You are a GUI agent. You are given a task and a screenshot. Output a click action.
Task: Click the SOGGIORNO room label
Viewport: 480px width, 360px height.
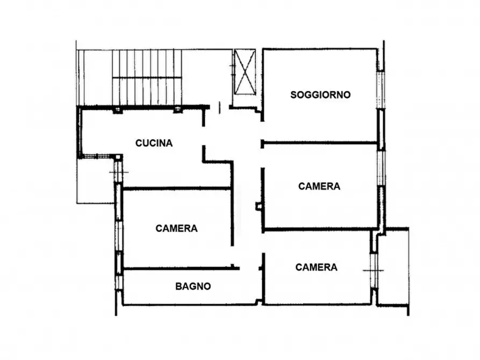coord(320,95)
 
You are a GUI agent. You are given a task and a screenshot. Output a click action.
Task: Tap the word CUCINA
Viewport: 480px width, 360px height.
coord(154,143)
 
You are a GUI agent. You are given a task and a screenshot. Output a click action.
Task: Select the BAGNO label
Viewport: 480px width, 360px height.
coord(193,287)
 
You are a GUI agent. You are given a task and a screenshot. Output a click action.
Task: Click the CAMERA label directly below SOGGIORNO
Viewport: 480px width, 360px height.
coord(319,186)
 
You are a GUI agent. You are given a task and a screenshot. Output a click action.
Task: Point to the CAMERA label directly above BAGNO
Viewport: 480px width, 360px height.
coord(176,228)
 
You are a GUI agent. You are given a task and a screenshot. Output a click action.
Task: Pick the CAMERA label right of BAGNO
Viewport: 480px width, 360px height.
coord(317,267)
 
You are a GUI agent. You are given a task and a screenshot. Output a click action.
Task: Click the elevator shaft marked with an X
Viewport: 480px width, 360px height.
coord(245,72)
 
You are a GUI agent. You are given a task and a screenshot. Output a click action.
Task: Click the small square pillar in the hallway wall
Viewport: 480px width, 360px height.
coord(259,206)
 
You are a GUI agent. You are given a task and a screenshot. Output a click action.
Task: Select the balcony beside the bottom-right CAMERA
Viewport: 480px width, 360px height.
coord(393,266)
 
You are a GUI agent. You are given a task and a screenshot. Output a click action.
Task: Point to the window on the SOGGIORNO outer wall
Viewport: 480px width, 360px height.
coord(381,89)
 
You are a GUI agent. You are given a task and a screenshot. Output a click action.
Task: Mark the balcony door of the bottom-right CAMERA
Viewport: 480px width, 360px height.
coord(374,270)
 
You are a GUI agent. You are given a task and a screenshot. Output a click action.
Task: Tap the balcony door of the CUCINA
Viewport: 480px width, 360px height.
coord(118,172)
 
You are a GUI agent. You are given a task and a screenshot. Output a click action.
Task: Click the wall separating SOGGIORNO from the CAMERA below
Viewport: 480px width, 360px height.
coord(320,143)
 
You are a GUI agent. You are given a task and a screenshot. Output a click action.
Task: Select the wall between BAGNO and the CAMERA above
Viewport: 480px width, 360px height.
coord(177,268)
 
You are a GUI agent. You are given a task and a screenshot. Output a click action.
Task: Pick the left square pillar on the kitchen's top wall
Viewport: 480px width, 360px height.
coord(118,110)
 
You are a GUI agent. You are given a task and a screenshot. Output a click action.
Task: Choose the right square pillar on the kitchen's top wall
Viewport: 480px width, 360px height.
coord(177,110)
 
